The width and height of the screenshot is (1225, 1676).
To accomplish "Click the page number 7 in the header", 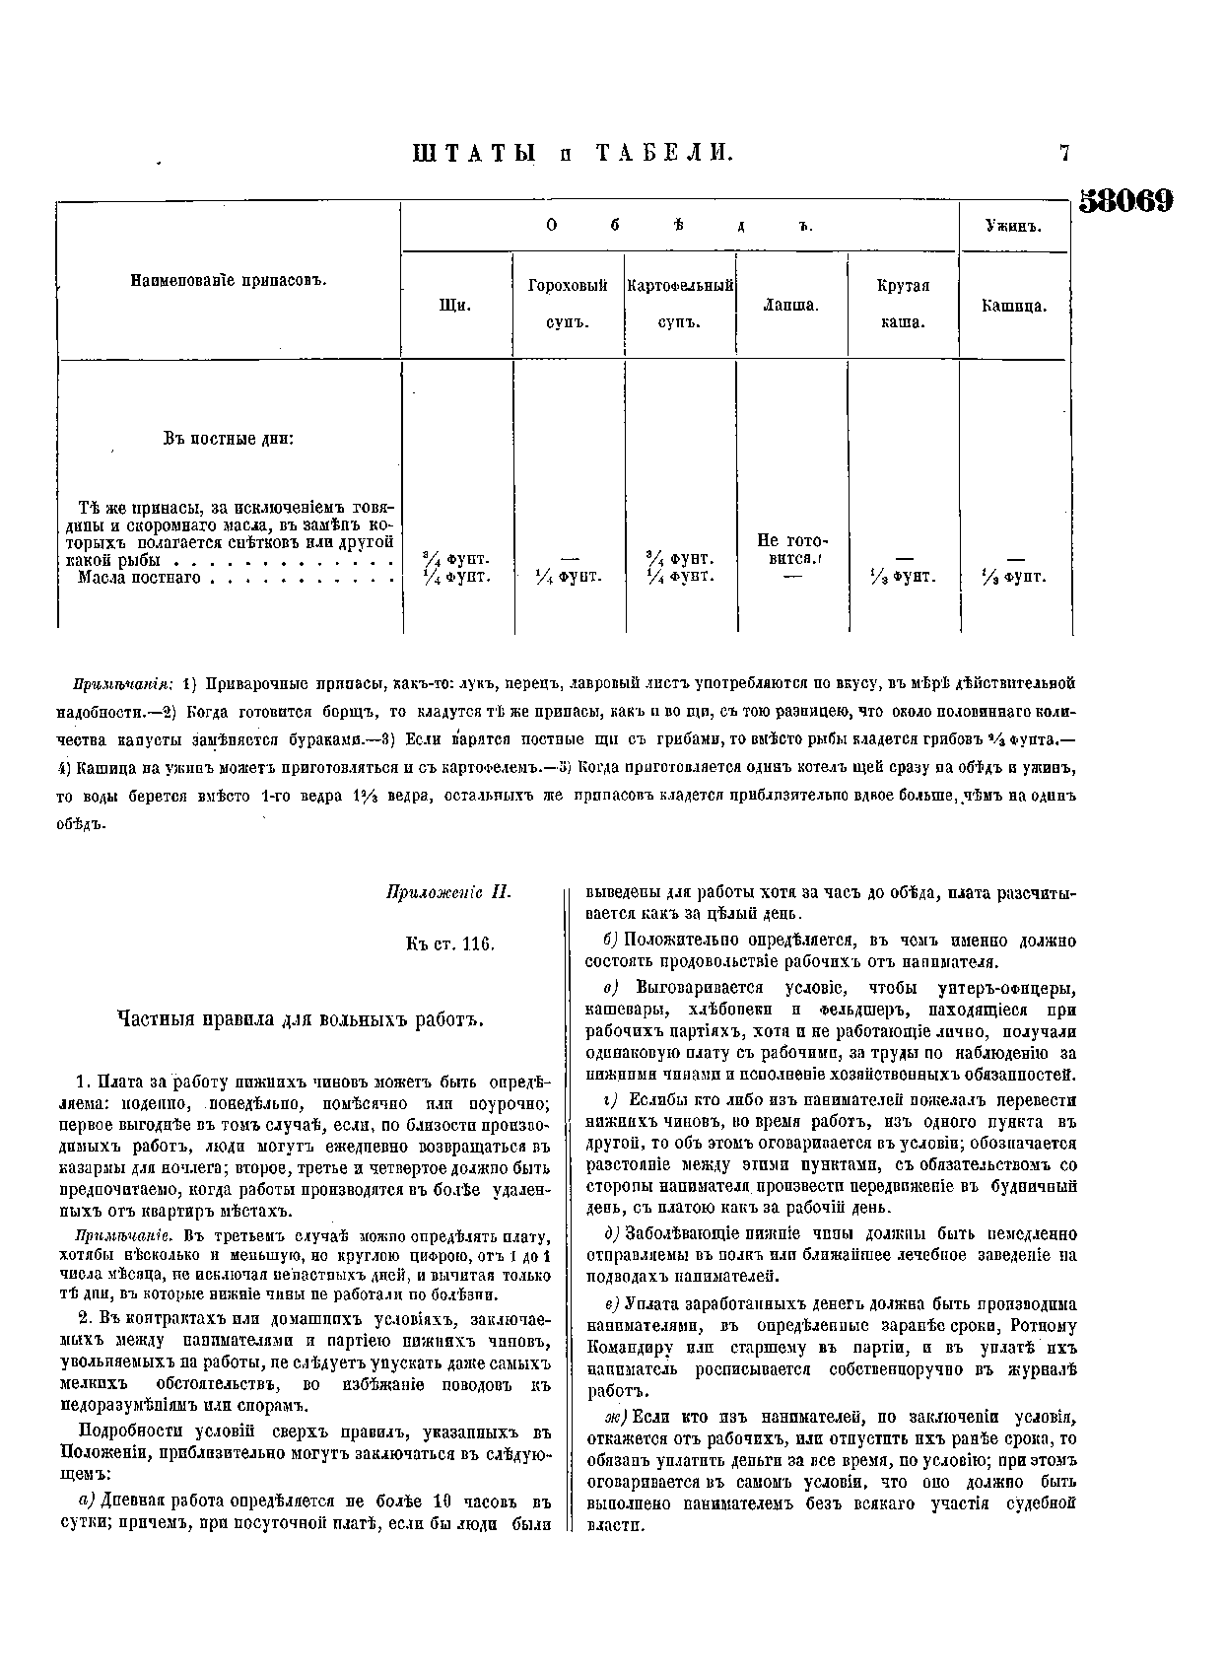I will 1064,153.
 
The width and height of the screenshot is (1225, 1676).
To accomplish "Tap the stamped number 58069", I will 1126,200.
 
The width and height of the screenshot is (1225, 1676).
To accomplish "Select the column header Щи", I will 454,306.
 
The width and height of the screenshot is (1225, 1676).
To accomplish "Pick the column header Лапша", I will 791,306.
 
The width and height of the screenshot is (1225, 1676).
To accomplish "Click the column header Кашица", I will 1014,306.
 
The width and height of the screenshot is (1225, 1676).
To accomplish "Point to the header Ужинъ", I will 1014,226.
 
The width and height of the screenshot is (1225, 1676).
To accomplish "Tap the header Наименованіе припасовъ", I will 229,280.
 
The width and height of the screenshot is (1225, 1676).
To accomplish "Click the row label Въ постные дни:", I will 229,439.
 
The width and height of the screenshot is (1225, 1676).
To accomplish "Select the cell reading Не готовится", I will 791,549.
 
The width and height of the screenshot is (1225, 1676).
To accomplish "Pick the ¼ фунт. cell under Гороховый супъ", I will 568,577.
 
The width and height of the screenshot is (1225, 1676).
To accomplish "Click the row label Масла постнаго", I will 139,577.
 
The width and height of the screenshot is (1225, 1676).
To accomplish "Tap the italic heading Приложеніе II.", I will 448,893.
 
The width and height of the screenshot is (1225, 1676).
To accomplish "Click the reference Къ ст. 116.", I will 448,943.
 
